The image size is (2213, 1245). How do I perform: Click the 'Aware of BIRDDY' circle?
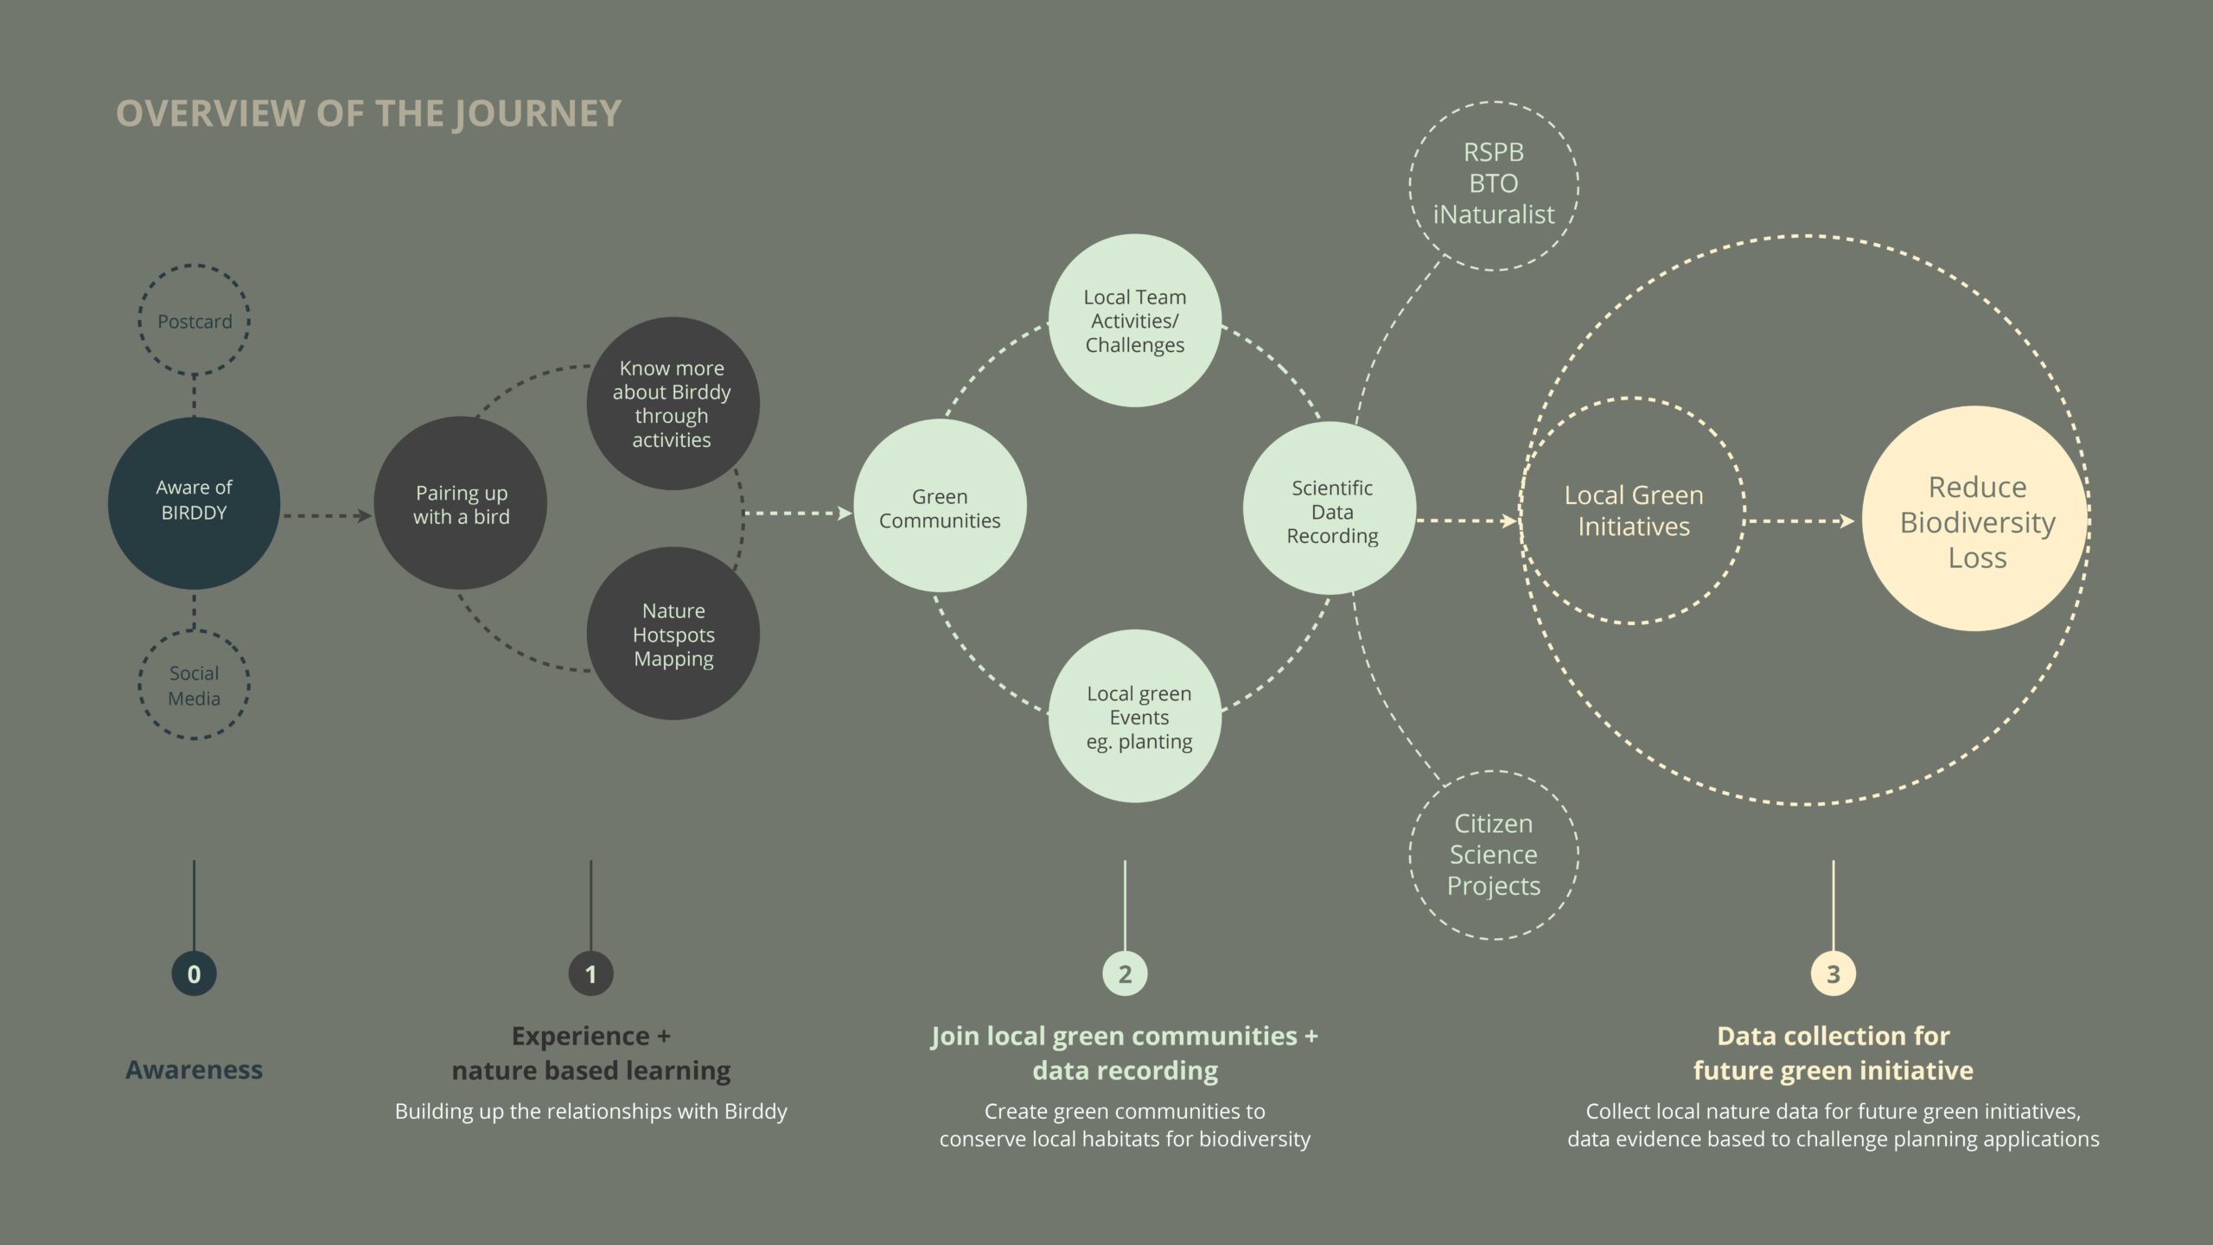[194, 503]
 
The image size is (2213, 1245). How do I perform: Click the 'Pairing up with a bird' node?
[461, 503]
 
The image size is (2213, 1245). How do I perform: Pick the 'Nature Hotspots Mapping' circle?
[673, 634]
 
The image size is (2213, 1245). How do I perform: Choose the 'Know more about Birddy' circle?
[673, 404]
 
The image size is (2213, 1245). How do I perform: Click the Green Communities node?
[940, 506]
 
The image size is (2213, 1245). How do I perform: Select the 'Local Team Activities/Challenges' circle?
[1135, 321]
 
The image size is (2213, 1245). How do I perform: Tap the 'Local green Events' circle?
[1135, 716]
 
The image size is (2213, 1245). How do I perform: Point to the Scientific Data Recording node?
[1330, 508]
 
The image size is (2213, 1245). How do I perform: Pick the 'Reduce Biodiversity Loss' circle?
[1976, 519]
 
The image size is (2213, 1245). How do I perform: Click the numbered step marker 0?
[194, 974]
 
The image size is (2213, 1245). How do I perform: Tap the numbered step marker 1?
[591, 974]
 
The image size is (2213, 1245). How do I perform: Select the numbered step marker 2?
[1125, 974]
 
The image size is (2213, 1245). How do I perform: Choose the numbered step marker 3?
[1834, 974]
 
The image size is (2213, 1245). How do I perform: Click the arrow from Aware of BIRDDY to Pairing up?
[328, 516]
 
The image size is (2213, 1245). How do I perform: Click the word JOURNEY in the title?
[537, 114]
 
